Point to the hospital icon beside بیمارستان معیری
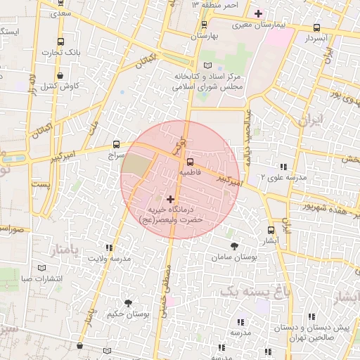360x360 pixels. pos(258,13)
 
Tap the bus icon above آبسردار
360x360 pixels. pos(316,29)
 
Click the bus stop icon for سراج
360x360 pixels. pos(116,143)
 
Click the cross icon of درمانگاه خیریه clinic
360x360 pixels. pos(170,200)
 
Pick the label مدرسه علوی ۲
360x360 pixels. pos(283,179)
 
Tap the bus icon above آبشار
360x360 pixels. pos(271,230)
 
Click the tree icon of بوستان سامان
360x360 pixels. pos(234,246)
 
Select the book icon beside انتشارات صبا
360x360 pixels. pos(42,269)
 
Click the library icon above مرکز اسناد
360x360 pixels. pos(207,65)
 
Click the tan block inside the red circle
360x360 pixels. pos(135,163)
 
